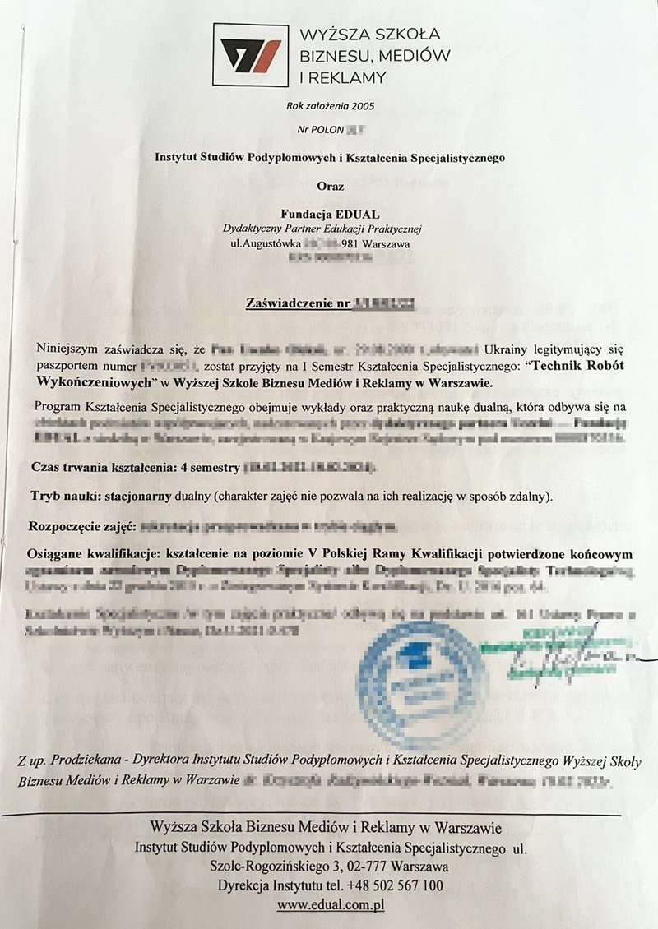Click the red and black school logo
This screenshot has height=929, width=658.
click(251, 55)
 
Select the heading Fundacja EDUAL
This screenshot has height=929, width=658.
click(329, 214)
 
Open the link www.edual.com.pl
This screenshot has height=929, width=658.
click(331, 905)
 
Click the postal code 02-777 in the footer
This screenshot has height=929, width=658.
click(360, 867)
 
